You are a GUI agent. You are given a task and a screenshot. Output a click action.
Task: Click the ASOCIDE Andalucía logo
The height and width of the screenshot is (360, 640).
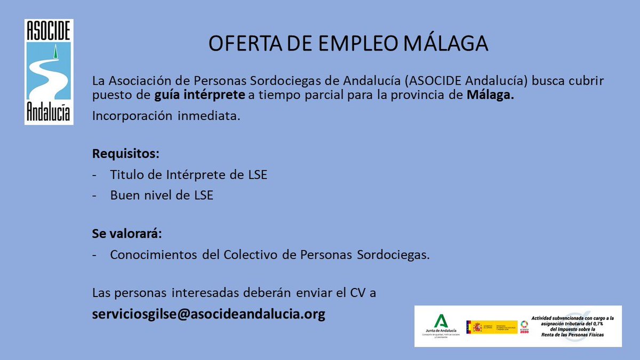49,71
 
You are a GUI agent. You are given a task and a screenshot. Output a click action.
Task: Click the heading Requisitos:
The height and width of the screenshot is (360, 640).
125,154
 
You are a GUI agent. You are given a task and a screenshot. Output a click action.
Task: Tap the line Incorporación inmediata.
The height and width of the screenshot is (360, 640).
166,116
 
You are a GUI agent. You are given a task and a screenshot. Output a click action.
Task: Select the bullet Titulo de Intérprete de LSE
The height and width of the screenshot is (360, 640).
188,175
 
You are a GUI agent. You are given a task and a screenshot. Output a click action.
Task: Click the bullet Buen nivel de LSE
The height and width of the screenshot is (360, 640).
162,195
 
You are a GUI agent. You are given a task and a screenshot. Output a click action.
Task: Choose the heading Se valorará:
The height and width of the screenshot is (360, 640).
127,234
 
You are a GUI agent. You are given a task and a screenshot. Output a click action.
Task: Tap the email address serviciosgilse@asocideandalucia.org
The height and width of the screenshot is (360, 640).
209,314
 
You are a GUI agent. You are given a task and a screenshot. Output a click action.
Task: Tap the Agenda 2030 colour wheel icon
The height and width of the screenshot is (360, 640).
525,325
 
